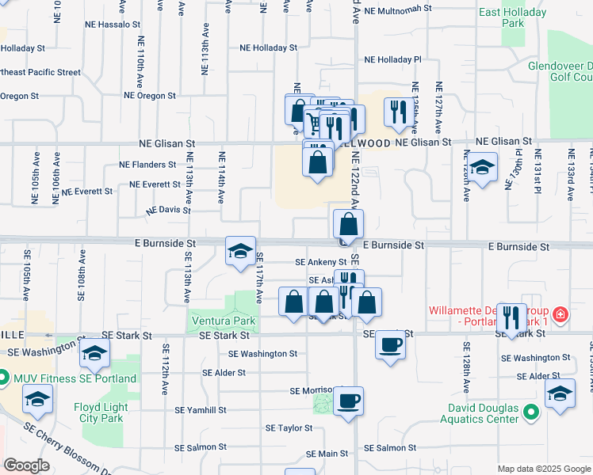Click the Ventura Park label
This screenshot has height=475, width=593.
click(x=222, y=321)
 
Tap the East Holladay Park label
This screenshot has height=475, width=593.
click(x=513, y=17)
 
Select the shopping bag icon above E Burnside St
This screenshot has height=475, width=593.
click(x=348, y=224)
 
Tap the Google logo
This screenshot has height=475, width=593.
click(x=27, y=465)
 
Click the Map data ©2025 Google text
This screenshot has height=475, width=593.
click(x=543, y=469)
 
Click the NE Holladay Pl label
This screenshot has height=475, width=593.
click(x=392, y=59)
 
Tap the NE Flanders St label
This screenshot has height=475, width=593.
click(x=147, y=165)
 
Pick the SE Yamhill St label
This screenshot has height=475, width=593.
click(x=201, y=410)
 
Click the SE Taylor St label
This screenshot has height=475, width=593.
click(x=289, y=427)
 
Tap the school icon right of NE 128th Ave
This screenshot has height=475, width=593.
click(x=481, y=167)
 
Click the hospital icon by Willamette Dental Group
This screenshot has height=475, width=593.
click(x=561, y=314)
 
